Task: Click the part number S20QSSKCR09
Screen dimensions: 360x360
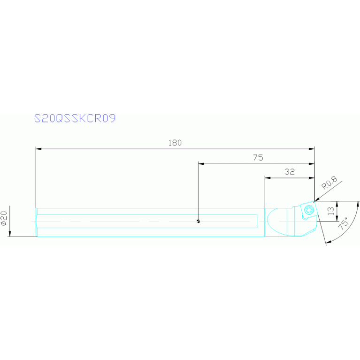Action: click(75, 118)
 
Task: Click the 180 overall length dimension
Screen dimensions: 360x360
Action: click(175, 143)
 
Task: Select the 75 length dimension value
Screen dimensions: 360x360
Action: click(258, 158)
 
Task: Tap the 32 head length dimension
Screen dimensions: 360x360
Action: click(290, 172)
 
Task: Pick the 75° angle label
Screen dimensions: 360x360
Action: click(345, 222)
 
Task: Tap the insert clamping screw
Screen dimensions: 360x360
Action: click(308, 210)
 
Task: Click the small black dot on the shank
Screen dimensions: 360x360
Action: click(199, 222)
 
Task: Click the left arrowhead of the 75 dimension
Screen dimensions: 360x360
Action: click(201, 164)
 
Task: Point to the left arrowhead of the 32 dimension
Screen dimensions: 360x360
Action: click(268, 178)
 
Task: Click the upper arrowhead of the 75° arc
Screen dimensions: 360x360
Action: click(357, 203)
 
